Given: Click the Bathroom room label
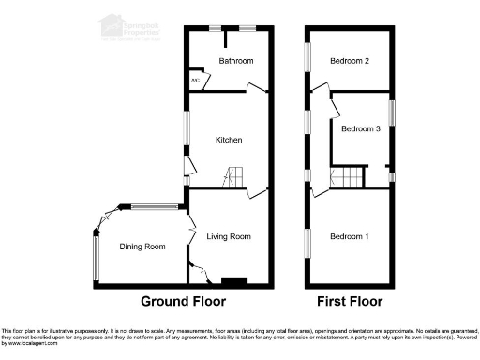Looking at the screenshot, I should pos(236,61).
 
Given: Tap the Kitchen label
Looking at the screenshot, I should pos(230,140).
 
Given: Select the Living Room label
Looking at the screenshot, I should pos(230,237).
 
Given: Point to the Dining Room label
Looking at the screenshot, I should pos(142,247).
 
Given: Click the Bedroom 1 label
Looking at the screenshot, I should pos(349,237).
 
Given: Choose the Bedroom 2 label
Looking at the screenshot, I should pos(349,61).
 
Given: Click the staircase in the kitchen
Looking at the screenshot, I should pos(232,175).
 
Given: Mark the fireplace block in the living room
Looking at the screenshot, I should pos(232,280).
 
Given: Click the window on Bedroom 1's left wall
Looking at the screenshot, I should pos(307,241).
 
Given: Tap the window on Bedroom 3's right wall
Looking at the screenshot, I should pos(393,111).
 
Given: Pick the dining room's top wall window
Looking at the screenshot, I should pos(155,206).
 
